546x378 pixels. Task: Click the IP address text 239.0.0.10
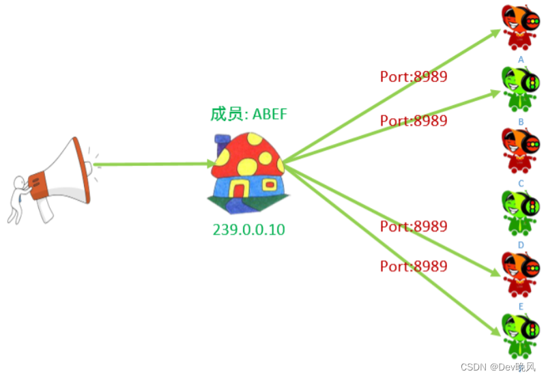tap(248, 229)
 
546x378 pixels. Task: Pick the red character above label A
tap(520, 27)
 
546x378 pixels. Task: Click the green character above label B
tap(520, 89)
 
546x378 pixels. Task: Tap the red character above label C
tap(520, 151)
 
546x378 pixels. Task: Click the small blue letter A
tap(521, 59)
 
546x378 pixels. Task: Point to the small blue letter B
tap(521, 121)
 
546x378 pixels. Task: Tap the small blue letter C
tap(521, 183)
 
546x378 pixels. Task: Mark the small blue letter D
tap(521, 244)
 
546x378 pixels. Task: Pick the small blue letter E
tap(521, 306)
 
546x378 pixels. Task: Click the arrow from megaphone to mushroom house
tap(157, 164)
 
